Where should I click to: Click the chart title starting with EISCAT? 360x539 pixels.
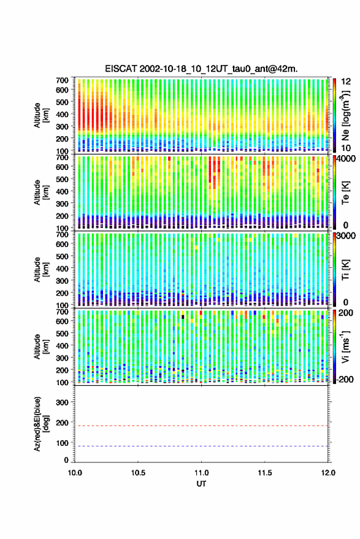click(202, 69)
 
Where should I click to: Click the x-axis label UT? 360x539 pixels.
click(201, 484)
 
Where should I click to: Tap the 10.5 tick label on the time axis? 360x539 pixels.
click(138, 473)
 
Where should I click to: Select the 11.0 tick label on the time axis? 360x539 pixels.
click(201, 473)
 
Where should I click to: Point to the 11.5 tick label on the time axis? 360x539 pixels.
click(264, 473)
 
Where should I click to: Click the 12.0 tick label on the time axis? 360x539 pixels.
click(328, 473)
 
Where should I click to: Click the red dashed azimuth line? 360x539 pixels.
click(201, 426)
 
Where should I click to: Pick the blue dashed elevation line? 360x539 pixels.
click(201, 446)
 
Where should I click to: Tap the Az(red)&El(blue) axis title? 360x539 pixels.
click(41, 424)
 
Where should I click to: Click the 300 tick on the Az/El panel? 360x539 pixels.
click(62, 402)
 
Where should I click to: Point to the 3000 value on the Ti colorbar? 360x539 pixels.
click(345, 236)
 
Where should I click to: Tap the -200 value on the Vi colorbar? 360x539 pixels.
click(345, 379)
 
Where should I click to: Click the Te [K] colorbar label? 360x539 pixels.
click(345, 193)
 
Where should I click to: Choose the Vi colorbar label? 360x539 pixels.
click(345, 346)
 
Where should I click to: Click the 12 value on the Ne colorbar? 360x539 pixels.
click(347, 82)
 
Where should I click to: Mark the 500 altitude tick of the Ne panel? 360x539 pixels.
click(62, 102)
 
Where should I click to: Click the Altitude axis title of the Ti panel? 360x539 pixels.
click(41, 270)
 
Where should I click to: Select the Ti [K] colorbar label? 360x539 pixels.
click(345, 270)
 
